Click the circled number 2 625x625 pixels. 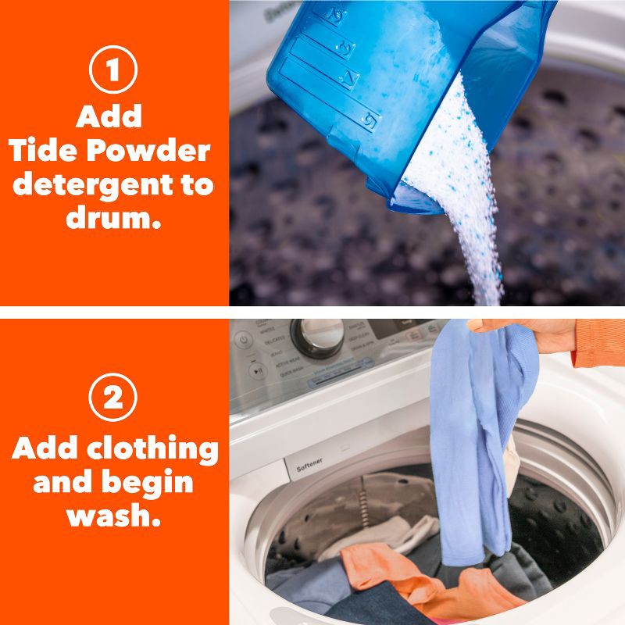(113, 398)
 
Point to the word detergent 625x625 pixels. (113, 185)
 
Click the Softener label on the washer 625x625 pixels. (309, 468)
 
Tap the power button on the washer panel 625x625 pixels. (243, 341)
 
